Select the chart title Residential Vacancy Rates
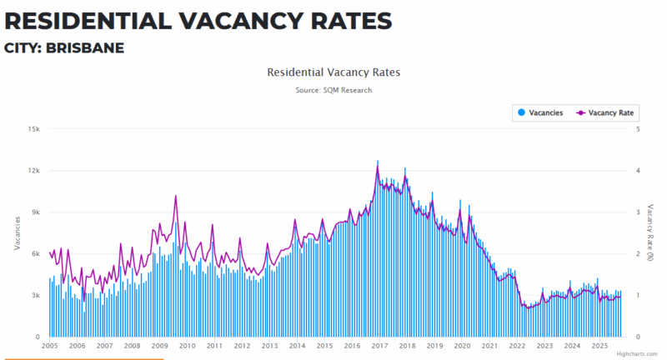coord(333,72)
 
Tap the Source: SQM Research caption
coord(333,90)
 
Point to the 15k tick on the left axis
coord(34,129)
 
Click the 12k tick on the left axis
coord(34,171)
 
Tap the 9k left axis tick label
coord(36,212)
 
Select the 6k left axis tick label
coord(36,254)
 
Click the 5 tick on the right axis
coord(638,129)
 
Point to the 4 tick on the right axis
coord(638,171)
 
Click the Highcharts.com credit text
coord(637,354)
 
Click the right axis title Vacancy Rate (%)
coord(651,232)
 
